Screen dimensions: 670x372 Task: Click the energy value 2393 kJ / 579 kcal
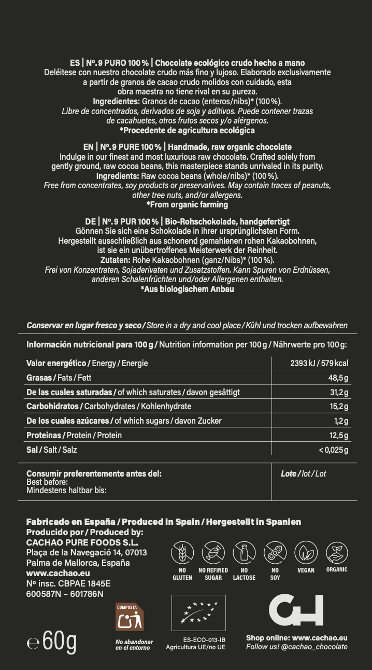click(x=319, y=363)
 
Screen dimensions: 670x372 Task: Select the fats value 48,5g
click(x=338, y=378)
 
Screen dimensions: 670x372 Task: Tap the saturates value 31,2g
click(x=338, y=392)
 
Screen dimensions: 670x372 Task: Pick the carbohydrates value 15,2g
click(x=338, y=407)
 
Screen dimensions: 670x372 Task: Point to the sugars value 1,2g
click(x=341, y=421)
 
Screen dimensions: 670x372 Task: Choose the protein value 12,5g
click(x=338, y=435)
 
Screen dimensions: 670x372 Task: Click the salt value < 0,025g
click(x=334, y=450)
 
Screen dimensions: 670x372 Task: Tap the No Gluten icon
click(x=182, y=553)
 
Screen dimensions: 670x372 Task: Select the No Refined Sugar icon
click(x=213, y=553)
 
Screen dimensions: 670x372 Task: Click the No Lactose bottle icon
click(x=244, y=553)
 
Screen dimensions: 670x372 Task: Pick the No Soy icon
click(x=275, y=553)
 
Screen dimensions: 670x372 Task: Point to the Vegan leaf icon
click(x=306, y=553)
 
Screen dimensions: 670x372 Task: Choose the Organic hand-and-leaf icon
click(x=337, y=553)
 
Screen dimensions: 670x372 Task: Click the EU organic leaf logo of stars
click(x=198, y=613)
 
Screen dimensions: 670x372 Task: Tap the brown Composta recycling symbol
click(x=130, y=617)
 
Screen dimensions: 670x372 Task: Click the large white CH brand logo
click(x=296, y=610)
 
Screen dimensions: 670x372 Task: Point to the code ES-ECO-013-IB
click(x=204, y=639)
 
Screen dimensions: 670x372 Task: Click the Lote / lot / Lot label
click(x=303, y=473)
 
